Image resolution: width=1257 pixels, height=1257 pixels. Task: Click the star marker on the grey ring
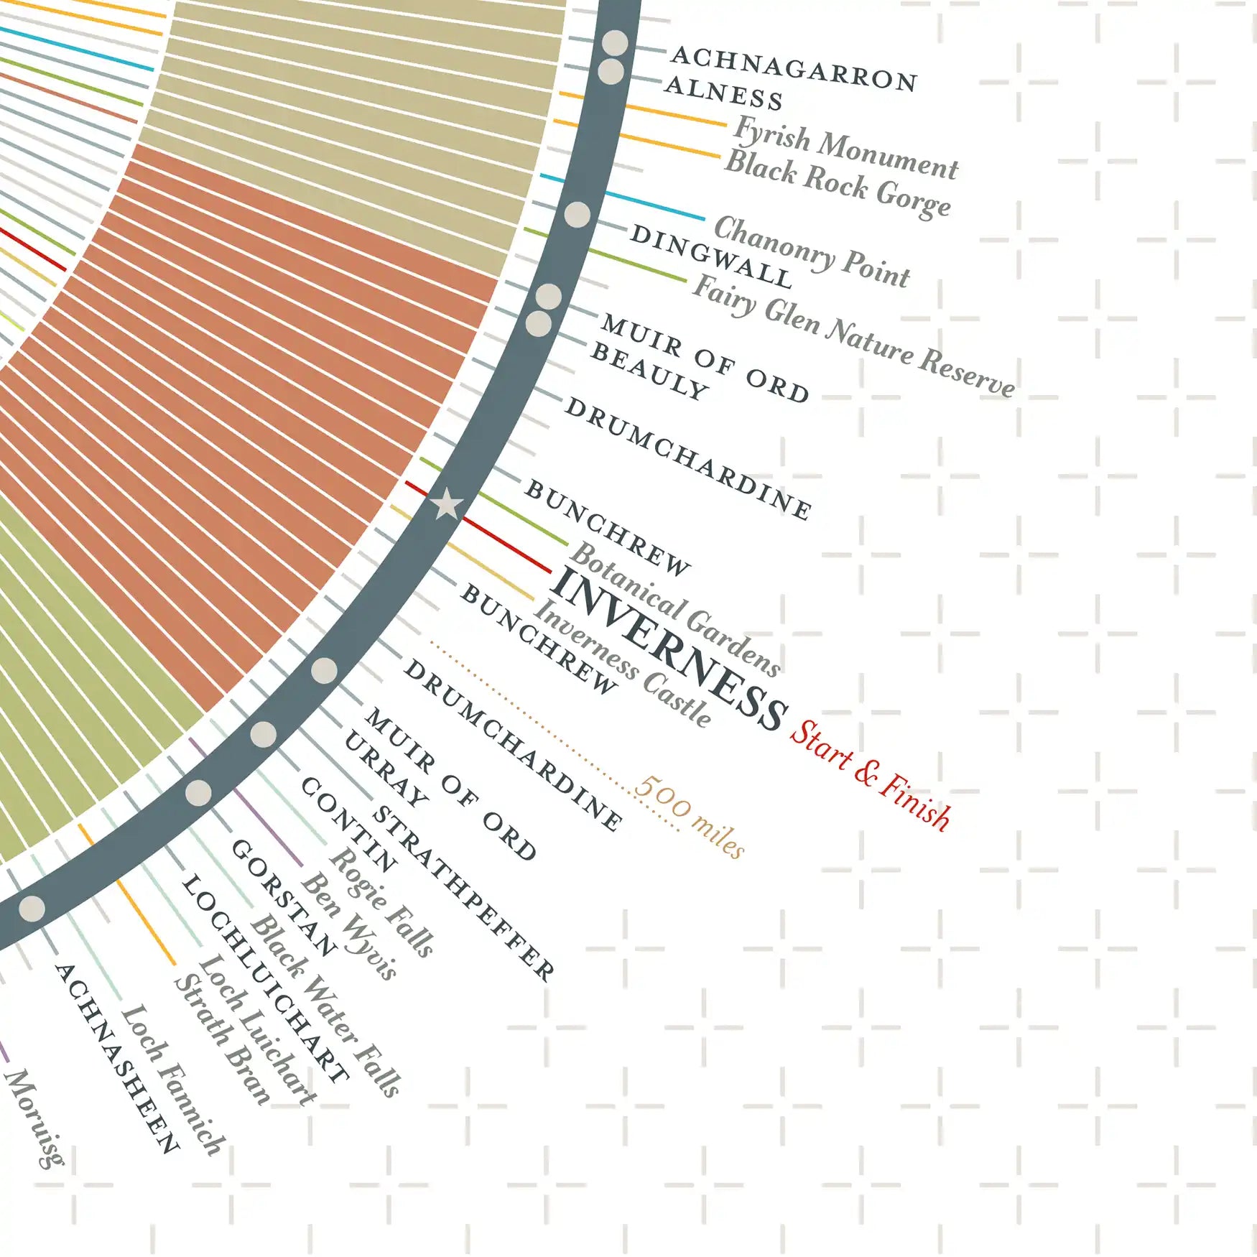click(447, 504)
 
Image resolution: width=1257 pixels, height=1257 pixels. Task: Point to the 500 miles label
click(690, 816)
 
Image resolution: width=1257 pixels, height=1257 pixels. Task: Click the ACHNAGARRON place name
click(794, 69)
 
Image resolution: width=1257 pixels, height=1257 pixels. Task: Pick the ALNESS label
click(723, 94)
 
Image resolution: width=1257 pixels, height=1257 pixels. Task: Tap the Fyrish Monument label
click(845, 148)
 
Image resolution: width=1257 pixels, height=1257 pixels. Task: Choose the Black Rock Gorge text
click(838, 182)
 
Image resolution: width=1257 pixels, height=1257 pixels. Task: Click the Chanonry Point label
click(812, 251)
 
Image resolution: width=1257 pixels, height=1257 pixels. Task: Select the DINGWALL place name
click(711, 256)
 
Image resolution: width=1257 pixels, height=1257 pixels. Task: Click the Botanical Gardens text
click(675, 610)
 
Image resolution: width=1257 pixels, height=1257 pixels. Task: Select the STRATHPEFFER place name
click(463, 894)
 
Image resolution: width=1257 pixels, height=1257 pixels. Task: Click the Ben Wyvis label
click(349, 927)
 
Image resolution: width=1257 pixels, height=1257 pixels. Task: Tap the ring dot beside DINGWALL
click(577, 214)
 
